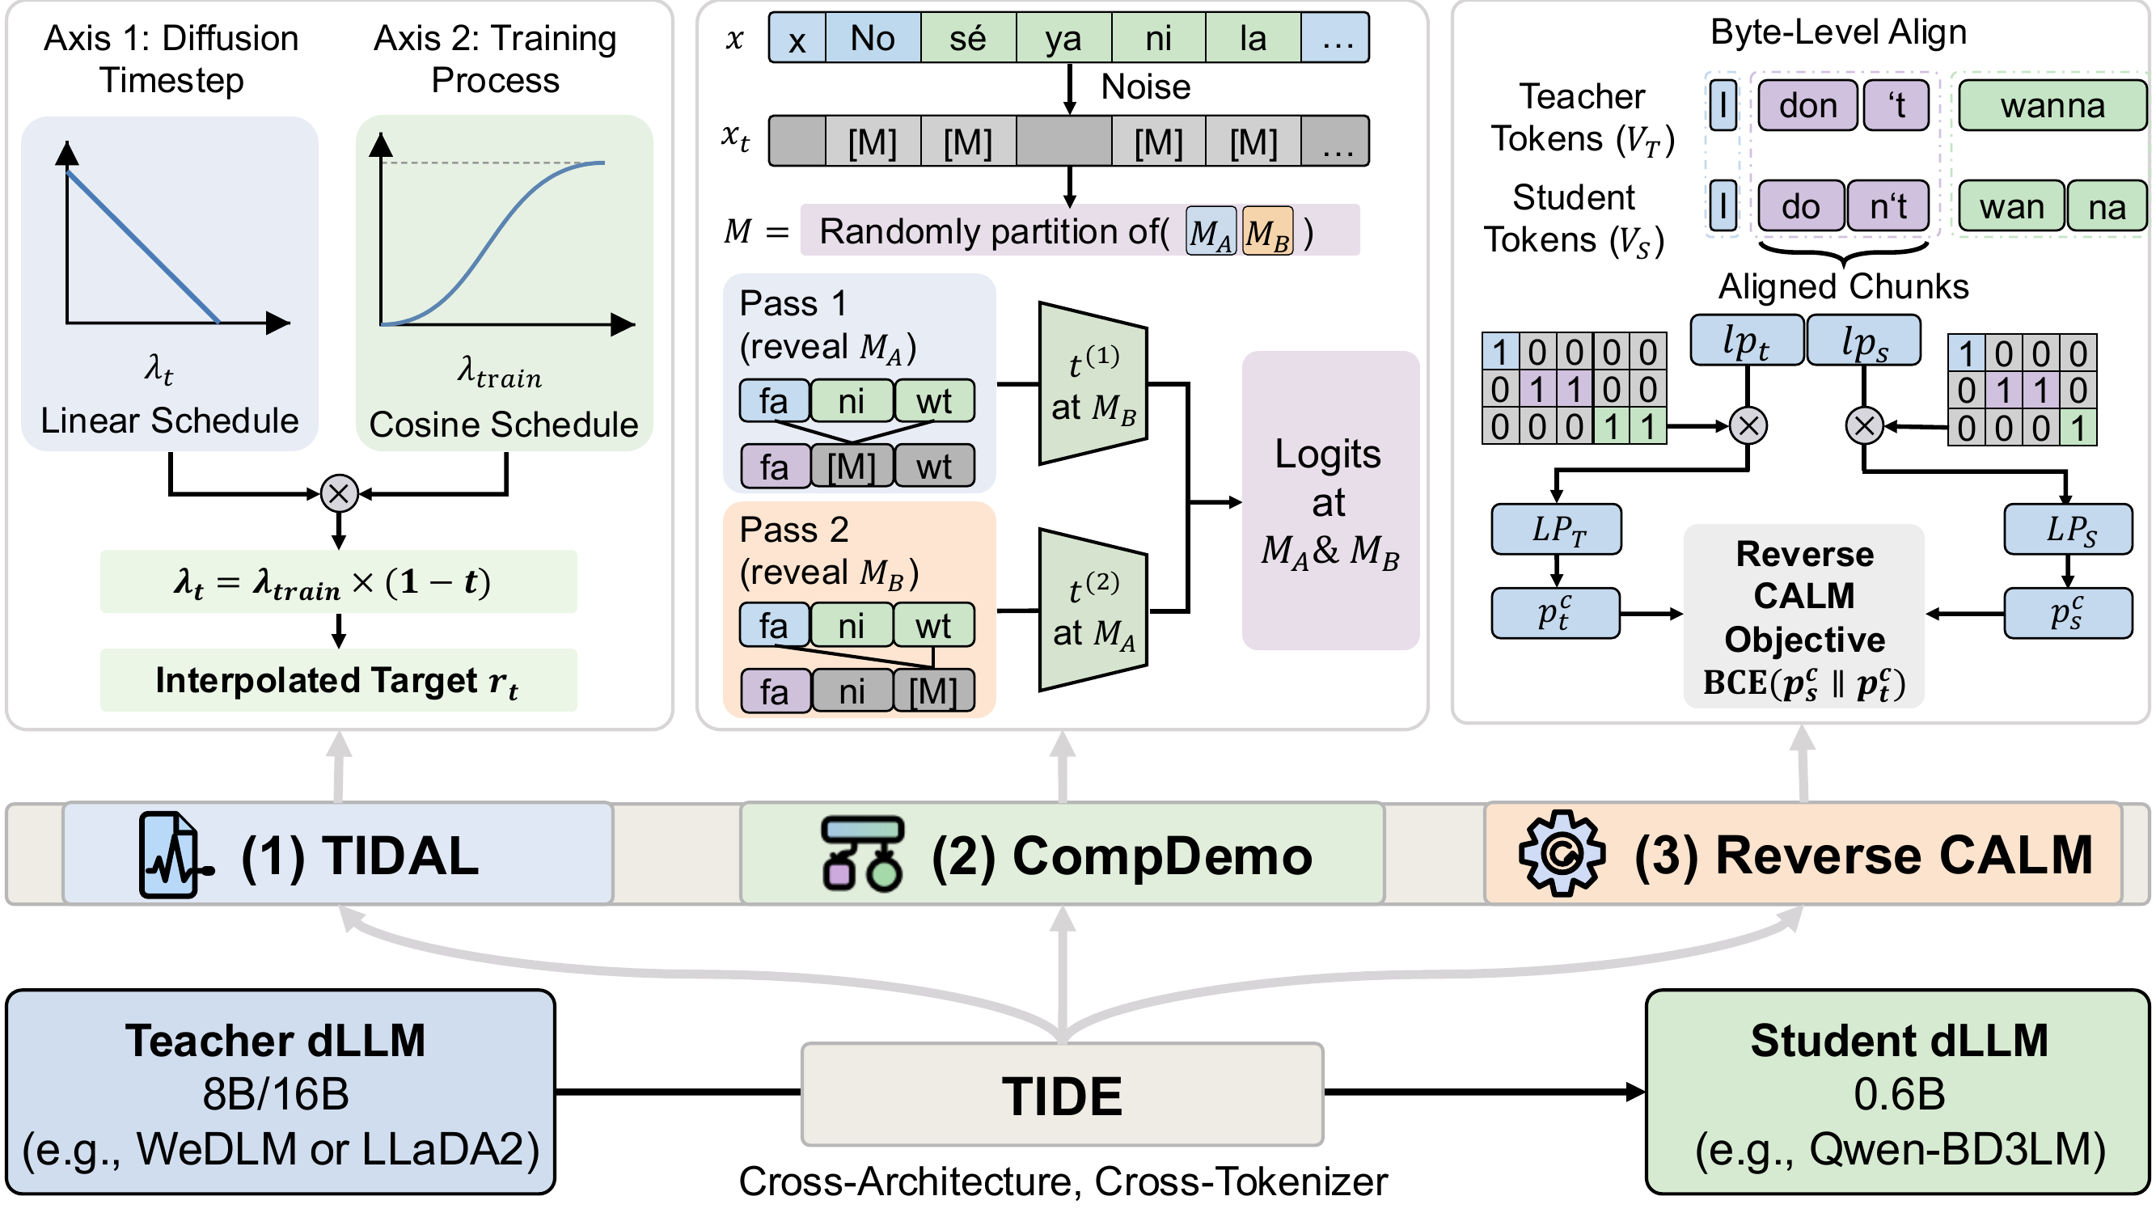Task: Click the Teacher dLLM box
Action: (281, 1093)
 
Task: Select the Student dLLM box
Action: (1897, 1093)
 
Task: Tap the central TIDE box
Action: (1061, 1095)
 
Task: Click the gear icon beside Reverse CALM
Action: (1561, 854)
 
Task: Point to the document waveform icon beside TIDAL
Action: (171, 855)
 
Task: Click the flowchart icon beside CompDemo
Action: (862, 854)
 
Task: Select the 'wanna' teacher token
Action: (2052, 105)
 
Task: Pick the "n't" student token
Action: (1888, 206)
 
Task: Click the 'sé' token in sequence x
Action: (967, 39)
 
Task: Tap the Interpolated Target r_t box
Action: (338, 681)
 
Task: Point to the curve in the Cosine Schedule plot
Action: (494, 243)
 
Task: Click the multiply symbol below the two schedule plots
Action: (339, 494)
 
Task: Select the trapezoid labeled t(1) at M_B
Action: (1093, 383)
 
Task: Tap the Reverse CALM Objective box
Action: (1803, 617)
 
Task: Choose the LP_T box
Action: (1556, 529)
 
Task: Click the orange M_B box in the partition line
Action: (1267, 232)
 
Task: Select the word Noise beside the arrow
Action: (1145, 87)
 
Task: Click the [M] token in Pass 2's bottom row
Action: (932, 691)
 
